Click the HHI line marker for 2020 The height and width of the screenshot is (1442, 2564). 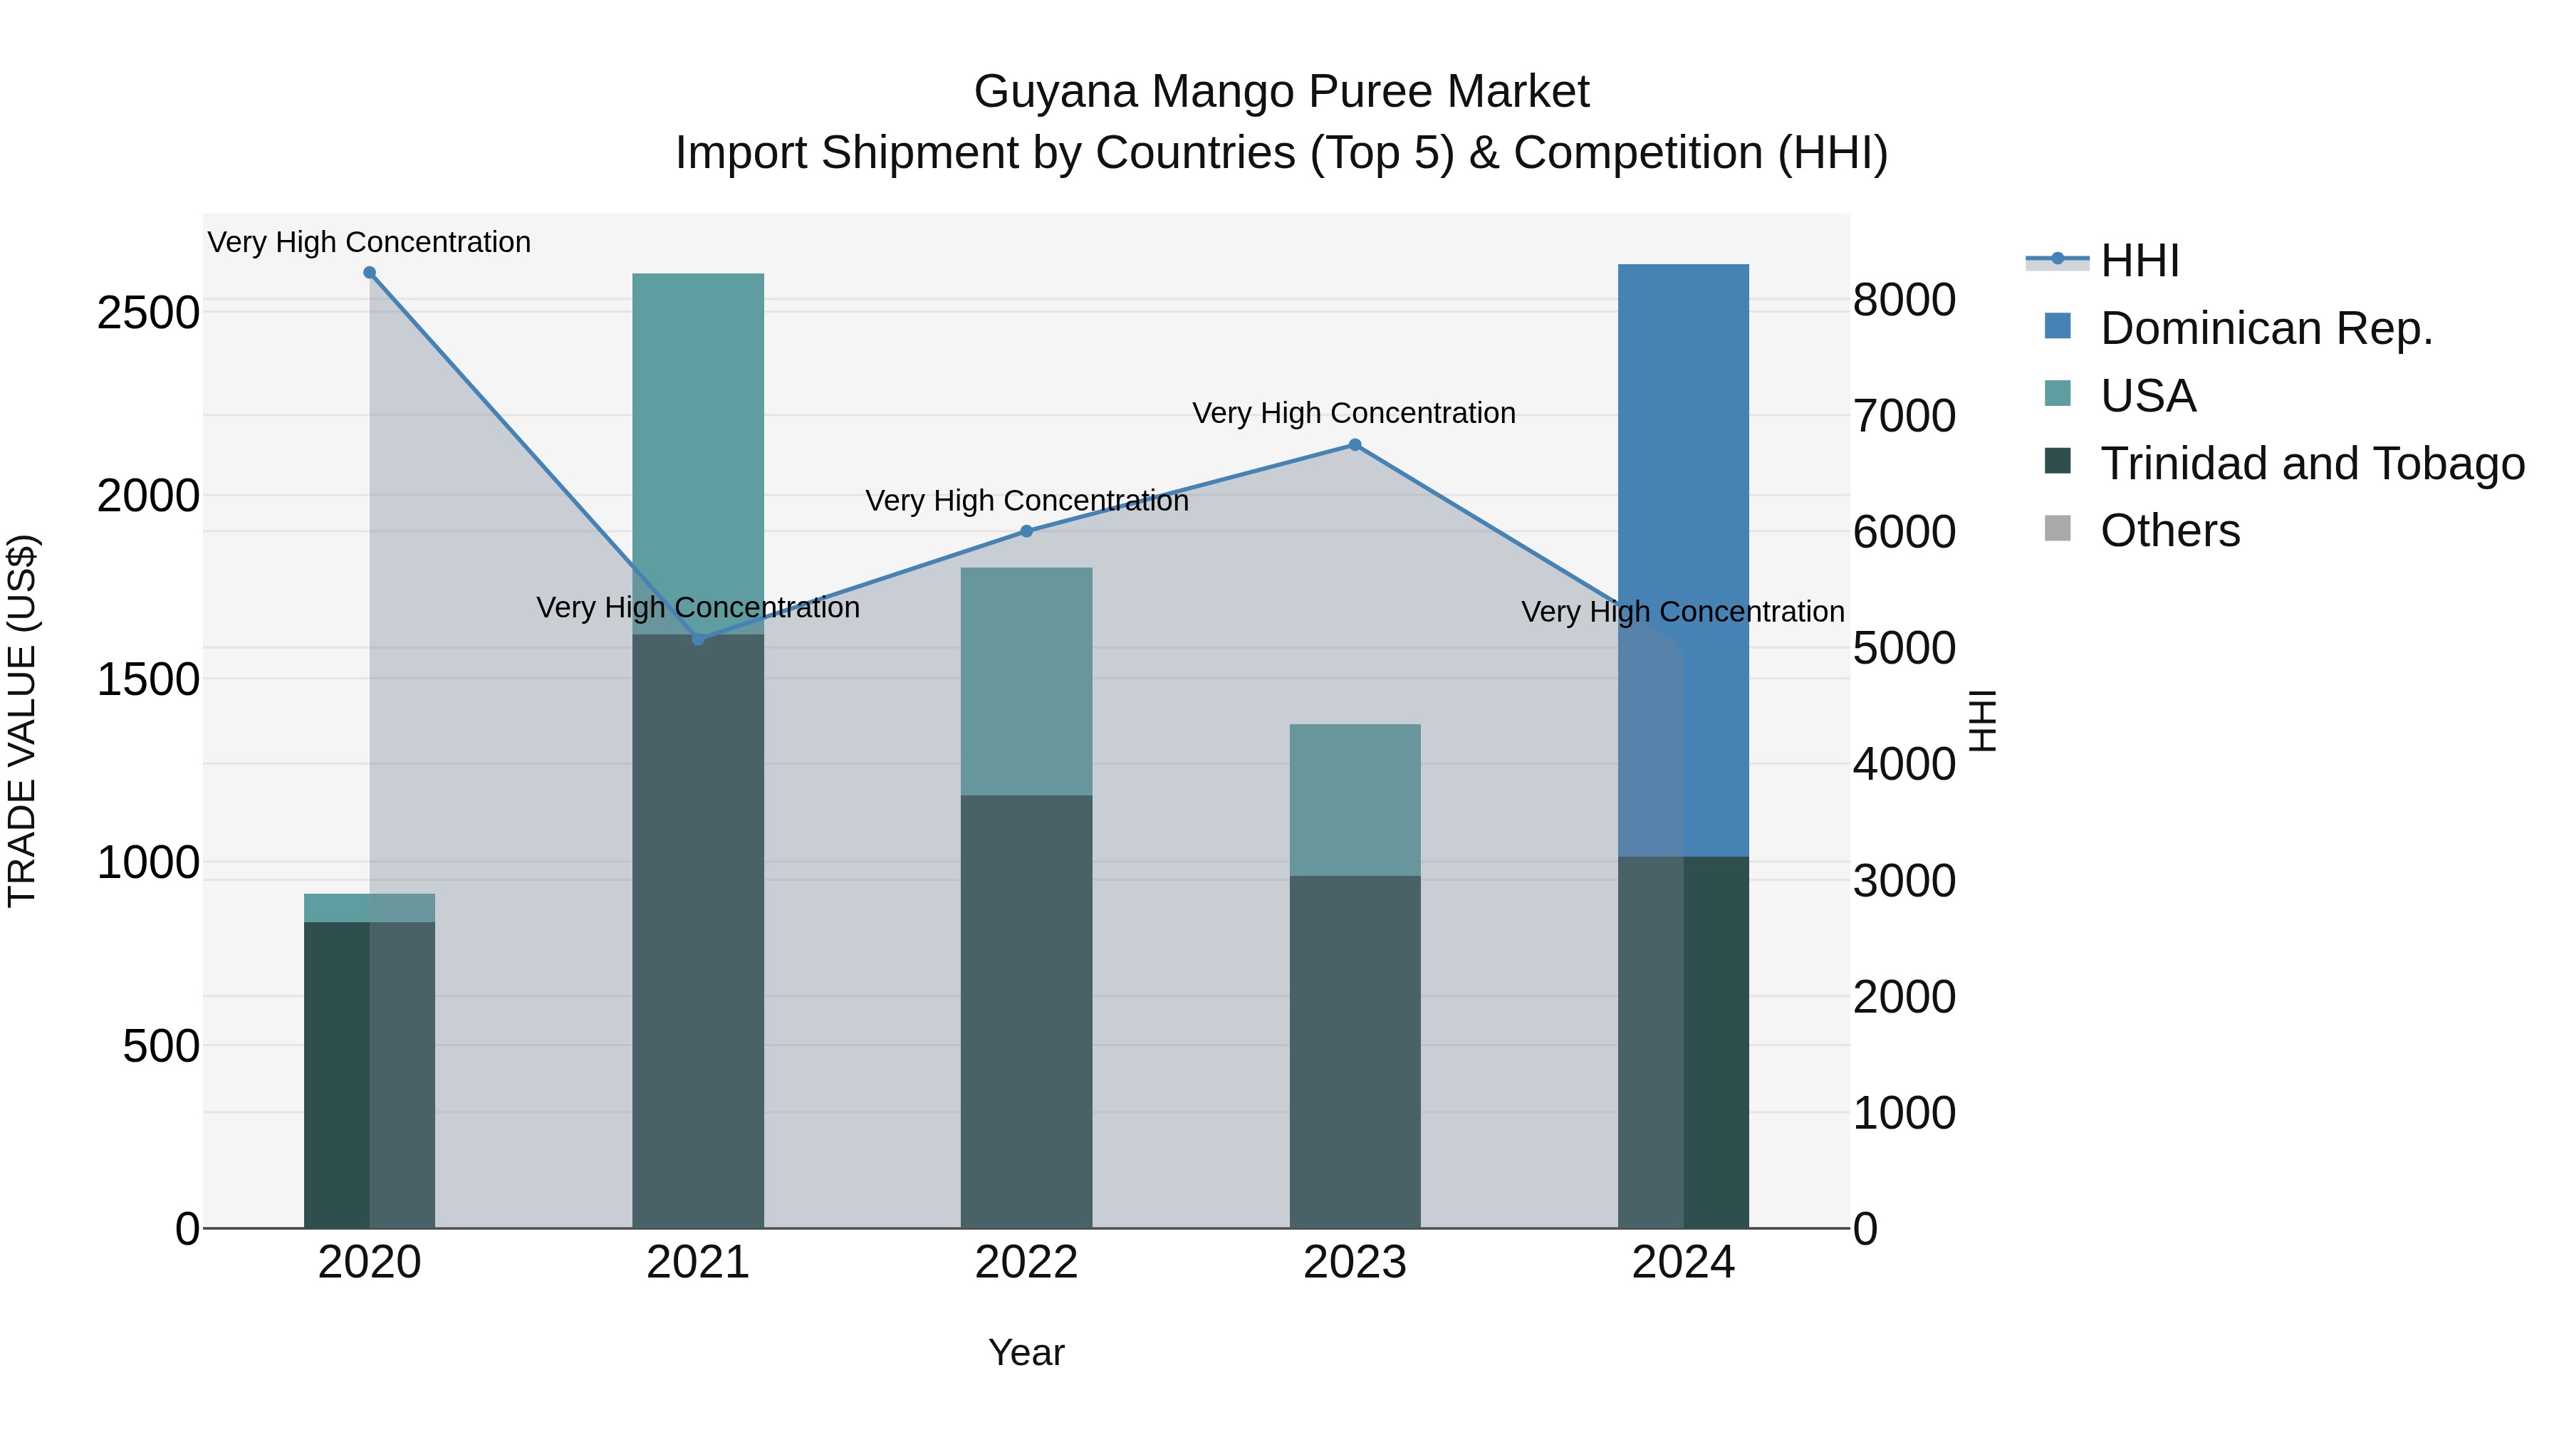369,273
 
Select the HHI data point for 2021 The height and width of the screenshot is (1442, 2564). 698,639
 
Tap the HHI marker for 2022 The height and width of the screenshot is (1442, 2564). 1026,531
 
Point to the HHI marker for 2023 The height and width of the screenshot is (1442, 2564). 1355,445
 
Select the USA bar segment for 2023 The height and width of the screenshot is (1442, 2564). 1355,800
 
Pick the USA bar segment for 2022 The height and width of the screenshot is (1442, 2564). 1026,681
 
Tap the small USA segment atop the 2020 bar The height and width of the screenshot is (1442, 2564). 369,908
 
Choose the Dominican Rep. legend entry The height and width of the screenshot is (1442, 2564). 2266,328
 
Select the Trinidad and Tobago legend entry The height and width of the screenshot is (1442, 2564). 2311,464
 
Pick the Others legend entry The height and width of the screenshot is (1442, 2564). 2170,531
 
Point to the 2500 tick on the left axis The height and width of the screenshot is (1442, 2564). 148,313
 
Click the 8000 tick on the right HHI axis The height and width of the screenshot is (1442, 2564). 1904,300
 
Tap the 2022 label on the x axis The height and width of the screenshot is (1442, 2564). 1026,1263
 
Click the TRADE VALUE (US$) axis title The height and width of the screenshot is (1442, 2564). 22,721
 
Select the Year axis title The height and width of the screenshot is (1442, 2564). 1026,1352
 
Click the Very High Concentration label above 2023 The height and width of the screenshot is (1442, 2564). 1354,413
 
